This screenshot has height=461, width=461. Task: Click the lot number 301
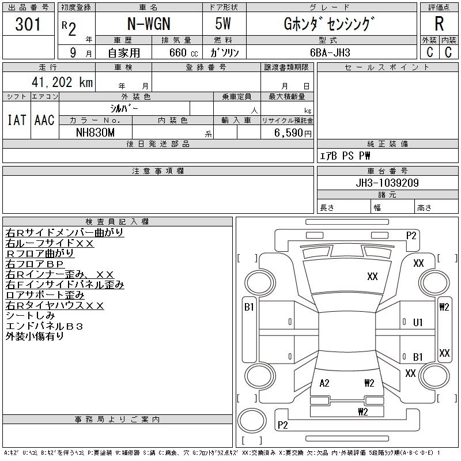tap(28, 25)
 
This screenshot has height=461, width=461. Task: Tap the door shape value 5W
tap(224, 25)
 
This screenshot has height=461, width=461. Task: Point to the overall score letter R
tap(439, 24)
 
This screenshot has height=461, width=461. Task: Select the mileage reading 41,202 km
tap(59, 82)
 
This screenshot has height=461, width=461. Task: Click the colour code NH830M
tap(95, 132)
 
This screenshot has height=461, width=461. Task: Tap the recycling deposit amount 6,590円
tap(294, 133)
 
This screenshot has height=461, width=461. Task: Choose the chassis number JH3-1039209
tap(387, 183)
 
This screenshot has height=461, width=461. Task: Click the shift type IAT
tap(16, 120)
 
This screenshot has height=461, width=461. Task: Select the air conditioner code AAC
tap(44, 120)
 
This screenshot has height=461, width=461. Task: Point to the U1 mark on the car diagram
tap(418, 322)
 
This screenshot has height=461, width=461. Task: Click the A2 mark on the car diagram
tap(324, 383)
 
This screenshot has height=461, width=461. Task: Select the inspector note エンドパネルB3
tap(44, 326)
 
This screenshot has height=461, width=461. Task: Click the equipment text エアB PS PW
tap(345, 156)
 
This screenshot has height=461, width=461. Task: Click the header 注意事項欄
tap(158, 171)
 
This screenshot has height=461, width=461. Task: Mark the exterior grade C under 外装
tap(430, 52)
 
